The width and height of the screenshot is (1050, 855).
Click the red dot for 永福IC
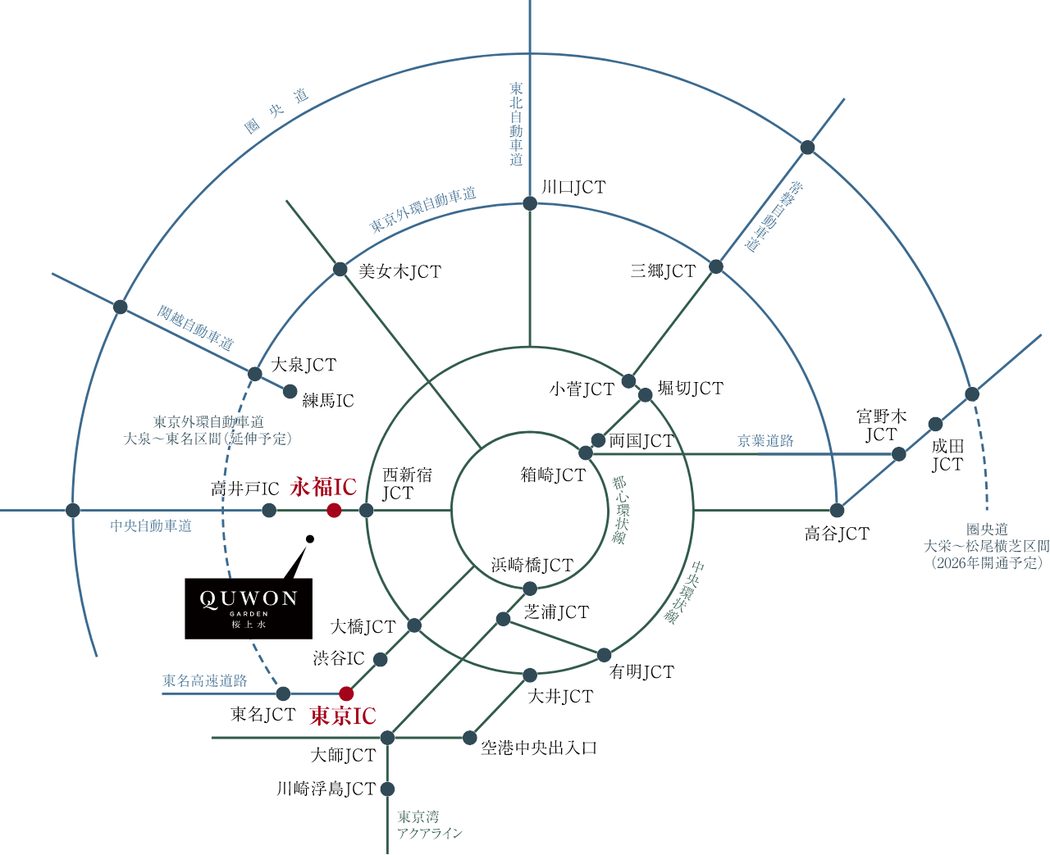point(334,510)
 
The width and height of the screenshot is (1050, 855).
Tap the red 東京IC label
point(343,716)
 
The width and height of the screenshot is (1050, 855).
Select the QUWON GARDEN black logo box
point(249,609)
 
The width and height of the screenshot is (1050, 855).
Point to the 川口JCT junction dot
point(529,203)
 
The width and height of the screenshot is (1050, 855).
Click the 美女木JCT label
point(399,271)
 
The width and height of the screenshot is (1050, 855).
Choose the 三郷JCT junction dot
point(716,267)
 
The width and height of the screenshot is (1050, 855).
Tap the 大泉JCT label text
point(304,365)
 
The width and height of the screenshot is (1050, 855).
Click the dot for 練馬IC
point(290,392)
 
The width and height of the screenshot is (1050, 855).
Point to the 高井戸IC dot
point(269,510)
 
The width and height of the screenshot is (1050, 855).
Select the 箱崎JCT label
point(553,475)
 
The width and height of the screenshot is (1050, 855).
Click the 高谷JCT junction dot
point(837,510)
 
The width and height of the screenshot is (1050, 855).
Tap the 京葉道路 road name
point(765,440)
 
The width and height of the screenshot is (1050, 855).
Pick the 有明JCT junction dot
point(604,655)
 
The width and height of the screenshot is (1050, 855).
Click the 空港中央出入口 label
point(539,748)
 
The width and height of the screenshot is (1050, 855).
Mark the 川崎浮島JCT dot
point(387,789)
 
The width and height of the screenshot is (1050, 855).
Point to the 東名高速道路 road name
point(204,680)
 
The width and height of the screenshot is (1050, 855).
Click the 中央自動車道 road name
point(150,525)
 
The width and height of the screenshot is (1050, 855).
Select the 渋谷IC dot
point(380,659)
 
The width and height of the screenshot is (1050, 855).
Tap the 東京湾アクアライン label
point(430,825)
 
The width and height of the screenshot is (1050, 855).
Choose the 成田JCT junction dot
point(935,424)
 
